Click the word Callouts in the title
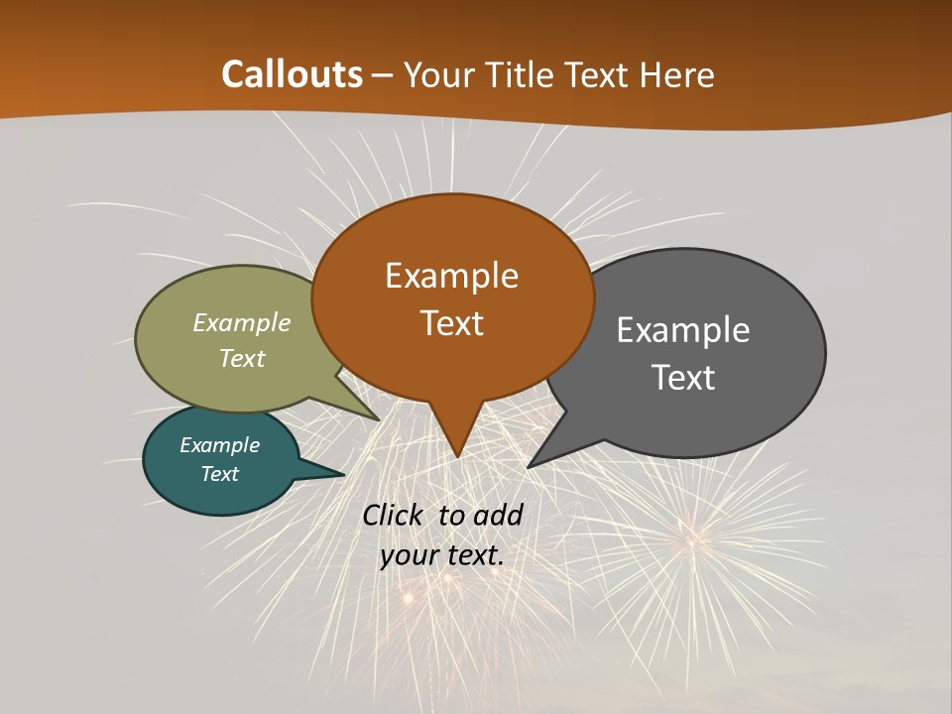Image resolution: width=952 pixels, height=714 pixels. pyautogui.click(x=293, y=74)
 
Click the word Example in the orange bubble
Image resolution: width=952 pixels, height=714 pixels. pyautogui.click(x=451, y=276)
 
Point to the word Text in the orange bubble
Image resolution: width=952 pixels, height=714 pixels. pyautogui.click(x=451, y=323)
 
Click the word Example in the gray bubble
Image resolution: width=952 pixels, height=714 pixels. pyautogui.click(x=683, y=330)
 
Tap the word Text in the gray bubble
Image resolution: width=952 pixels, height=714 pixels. pyautogui.click(x=683, y=378)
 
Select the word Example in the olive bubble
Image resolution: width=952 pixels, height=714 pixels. pyautogui.click(x=242, y=323)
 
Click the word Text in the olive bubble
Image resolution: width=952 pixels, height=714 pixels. pyautogui.click(x=242, y=359)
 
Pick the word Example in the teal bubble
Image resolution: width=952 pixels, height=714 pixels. pyautogui.click(x=219, y=445)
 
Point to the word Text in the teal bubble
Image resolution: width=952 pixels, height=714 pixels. pyautogui.click(x=219, y=474)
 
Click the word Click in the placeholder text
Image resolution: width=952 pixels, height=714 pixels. pyautogui.click(x=395, y=515)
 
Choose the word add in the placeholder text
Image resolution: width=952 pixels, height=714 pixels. pyautogui.click(x=498, y=515)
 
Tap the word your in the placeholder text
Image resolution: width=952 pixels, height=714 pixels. pyautogui.click(x=409, y=555)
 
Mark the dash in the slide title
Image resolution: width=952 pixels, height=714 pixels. pyautogui.click(x=383, y=75)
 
